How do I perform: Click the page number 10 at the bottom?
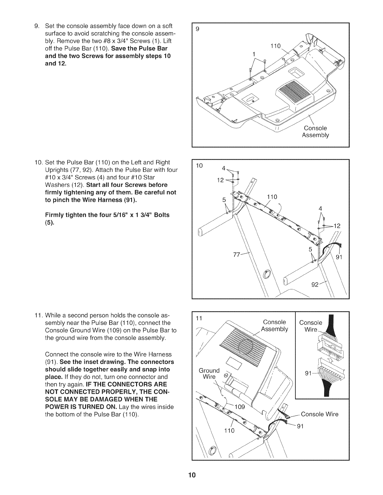click(191, 475)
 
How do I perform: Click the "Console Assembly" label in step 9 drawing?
click(315, 132)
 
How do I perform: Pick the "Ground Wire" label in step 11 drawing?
click(209, 373)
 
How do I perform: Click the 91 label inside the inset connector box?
click(309, 373)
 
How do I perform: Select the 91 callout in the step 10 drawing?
click(340, 257)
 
